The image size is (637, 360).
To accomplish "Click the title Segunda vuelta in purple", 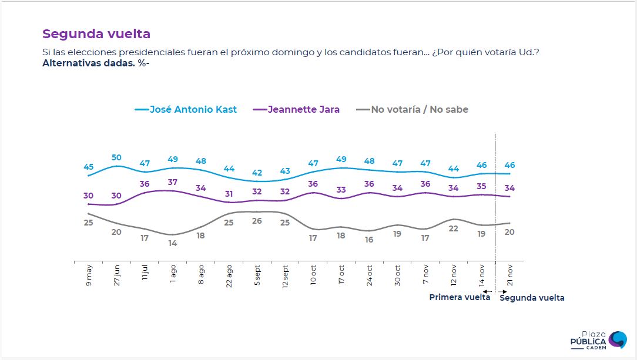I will pyautogui.click(x=96, y=34).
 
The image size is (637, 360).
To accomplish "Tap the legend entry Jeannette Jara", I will pyautogui.click(x=303, y=109).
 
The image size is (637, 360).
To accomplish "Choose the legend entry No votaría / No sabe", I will pyautogui.click(x=420, y=109).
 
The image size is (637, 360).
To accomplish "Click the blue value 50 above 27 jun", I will pyautogui.click(x=117, y=157).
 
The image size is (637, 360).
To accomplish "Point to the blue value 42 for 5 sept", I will pyautogui.click(x=256, y=173).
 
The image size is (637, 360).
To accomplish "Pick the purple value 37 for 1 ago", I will pyautogui.click(x=172, y=182).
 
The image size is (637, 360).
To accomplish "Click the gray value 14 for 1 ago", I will pyautogui.click(x=172, y=243).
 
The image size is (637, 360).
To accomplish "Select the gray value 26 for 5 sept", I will pyautogui.click(x=256, y=221).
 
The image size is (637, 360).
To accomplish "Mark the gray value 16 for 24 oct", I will pyautogui.click(x=368, y=240).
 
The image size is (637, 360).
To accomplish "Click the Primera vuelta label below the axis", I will pyautogui.click(x=460, y=297).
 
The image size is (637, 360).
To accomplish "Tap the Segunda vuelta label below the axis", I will pyautogui.click(x=532, y=298).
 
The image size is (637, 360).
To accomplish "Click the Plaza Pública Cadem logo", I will pyautogui.click(x=599, y=340).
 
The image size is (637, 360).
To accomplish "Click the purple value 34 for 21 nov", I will pyautogui.click(x=509, y=188).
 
